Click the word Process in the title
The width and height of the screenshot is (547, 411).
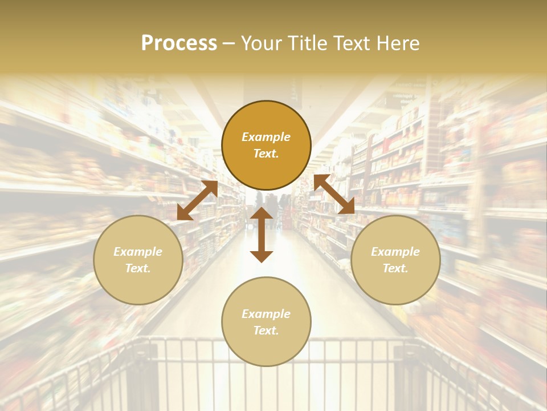pyautogui.click(x=179, y=43)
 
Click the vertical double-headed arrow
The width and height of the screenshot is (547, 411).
pyautogui.click(x=262, y=235)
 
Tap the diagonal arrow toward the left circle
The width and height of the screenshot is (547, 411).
pyautogui.click(x=197, y=200)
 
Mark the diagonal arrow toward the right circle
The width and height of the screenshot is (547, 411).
pyautogui.click(x=334, y=194)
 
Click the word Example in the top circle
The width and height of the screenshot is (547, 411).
pyautogui.click(x=266, y=137)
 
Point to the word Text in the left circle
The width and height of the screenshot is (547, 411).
pyautogui.click(x=138, y=268)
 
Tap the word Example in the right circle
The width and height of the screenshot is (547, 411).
pyautogui.click(x=395, y=252)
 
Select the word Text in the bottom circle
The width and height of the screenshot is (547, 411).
pyautogui.click(x=266, y=331)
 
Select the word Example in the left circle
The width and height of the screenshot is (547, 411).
pyautogui.click(x=138, y=252)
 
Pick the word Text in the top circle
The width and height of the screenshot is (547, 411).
pyautogui.click(x=266, y=154)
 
